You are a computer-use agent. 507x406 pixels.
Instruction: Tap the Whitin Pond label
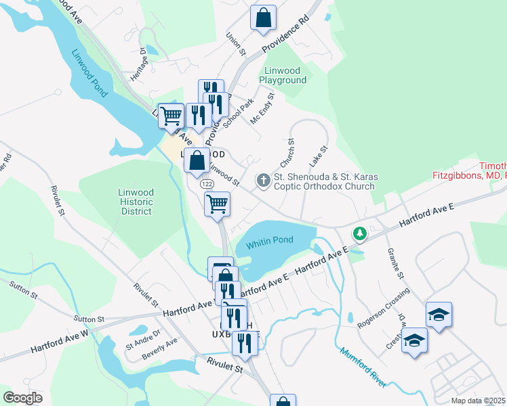pyautogui.click(x=270, y=241)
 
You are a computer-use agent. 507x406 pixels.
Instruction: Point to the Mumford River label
pyautogui.click(x=363, y=368)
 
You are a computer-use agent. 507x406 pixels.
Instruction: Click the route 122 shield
pyautogui.click(x=204, y=183)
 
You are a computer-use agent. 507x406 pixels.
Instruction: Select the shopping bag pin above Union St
pyautogui.click(x=263, y=19)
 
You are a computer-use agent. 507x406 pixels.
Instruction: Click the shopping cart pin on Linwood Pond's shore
pyautogui.click(x=171, y=116)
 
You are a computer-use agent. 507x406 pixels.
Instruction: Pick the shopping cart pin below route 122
pyautogui.click(x=217, y=203)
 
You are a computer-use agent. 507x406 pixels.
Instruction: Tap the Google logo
pyautogui.click(x=22, y=398)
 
